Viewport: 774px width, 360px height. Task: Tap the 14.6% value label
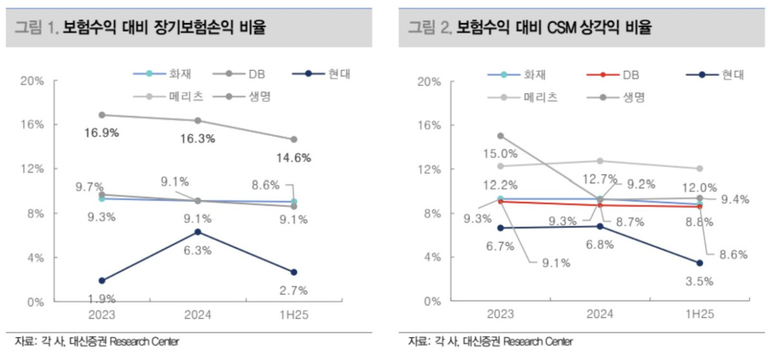293,157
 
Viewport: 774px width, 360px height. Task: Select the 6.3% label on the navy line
197,250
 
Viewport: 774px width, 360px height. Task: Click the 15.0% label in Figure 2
501,154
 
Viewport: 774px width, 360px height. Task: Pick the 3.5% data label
699,281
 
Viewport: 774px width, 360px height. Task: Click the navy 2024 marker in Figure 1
197,232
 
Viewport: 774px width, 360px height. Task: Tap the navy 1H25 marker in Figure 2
699,263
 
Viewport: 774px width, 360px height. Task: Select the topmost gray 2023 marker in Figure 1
101,115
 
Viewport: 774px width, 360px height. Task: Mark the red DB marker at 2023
501,201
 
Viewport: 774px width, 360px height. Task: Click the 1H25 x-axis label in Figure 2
699,314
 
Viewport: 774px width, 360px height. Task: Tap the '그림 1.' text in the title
36,28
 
